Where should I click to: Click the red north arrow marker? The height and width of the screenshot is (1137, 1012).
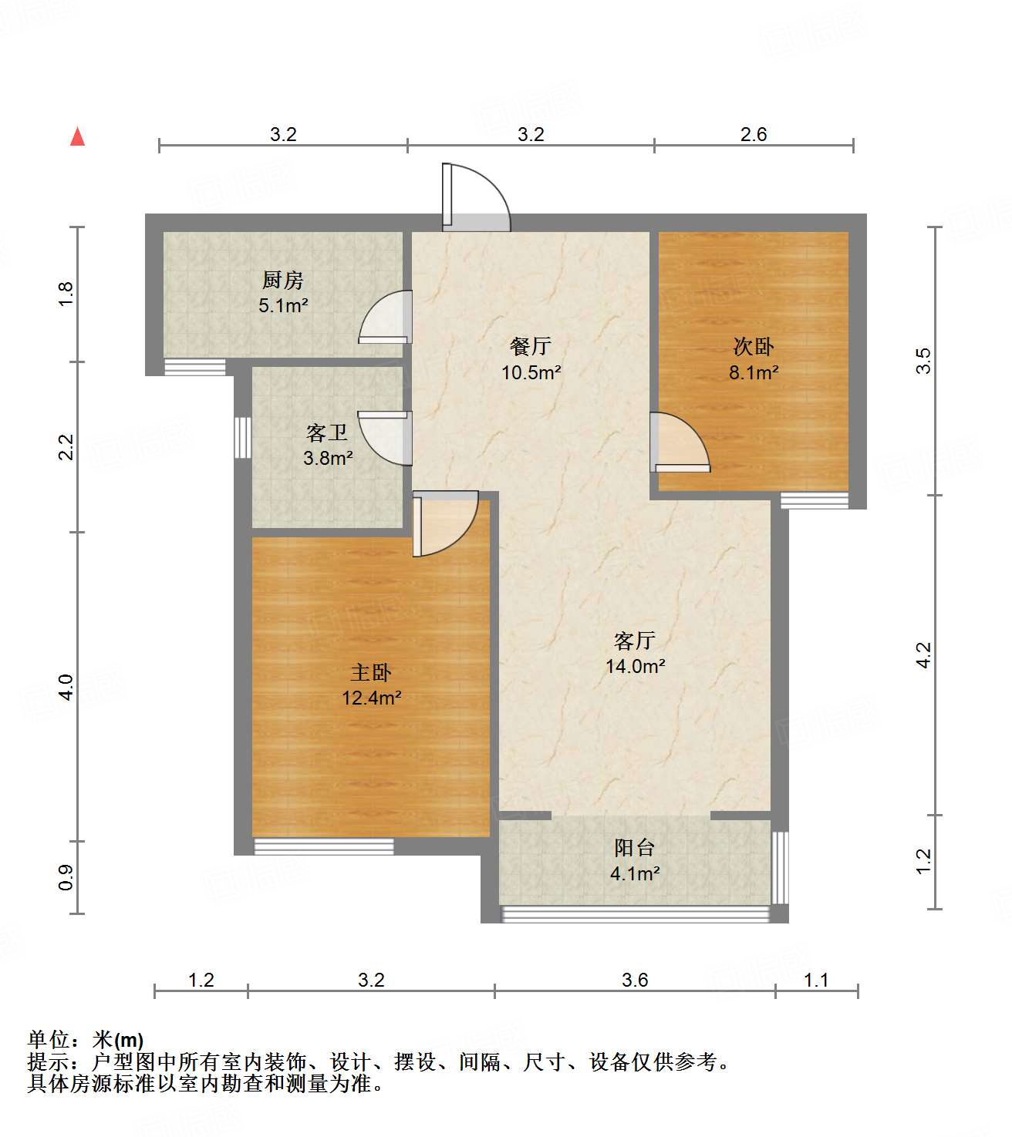[77, 136]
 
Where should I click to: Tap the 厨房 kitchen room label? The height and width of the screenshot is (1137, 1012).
[283, 280]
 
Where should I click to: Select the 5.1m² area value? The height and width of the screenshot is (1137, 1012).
[283, 306]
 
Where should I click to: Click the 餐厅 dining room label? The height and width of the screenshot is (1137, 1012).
[531, 346]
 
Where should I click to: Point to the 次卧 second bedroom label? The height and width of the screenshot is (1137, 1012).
[753, 346]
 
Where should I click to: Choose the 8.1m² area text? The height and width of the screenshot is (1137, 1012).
[754, 373]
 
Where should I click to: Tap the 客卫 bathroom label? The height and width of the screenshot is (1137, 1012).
[327, 432]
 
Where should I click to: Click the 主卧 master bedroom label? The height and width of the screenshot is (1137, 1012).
[371, 672]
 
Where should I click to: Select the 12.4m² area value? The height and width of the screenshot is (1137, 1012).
[371, 698]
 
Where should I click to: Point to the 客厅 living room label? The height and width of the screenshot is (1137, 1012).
[635, 640]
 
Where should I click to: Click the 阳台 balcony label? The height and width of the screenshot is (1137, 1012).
[635, 848]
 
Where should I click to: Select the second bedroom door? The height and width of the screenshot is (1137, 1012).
[678, 442]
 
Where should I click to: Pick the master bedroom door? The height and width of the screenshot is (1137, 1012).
[444, 525]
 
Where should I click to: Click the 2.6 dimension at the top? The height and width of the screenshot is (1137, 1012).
[754, 135]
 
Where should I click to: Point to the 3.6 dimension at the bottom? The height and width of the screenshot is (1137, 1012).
[635, 980]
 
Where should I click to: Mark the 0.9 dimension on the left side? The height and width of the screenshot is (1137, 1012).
[66, 877]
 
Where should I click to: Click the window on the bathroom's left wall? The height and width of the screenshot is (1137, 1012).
[243, 437]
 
